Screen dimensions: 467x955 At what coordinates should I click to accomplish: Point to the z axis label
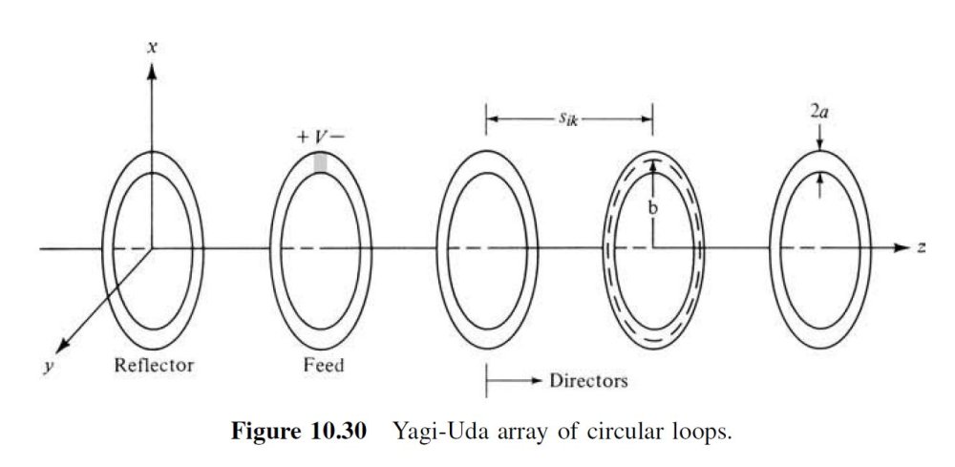tap(922, 247)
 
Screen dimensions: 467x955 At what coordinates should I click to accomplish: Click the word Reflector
tap(153, 364)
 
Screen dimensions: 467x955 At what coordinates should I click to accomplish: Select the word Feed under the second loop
tap(321, 364)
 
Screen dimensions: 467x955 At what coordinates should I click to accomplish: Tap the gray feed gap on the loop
tap(321, 163)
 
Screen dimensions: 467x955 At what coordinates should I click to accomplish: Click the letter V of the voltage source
tap(321, 138)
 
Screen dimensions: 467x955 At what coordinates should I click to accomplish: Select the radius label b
tap(653, 205)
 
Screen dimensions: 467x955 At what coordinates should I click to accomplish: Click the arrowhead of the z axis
tap(902, 248)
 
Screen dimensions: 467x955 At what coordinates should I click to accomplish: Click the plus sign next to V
tap(303, 138)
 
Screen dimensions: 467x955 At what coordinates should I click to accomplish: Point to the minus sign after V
tap(339, 138)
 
